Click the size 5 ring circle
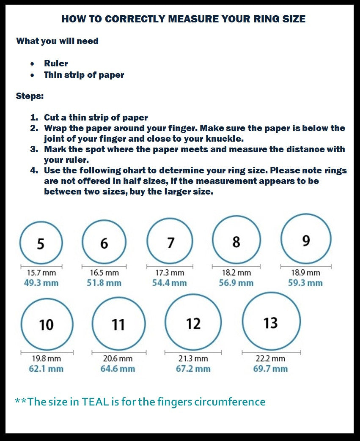pyautogui.click(x=41, y=243)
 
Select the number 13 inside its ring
pyautogui.click(x=270, y=323)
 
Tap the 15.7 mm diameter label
pyautogui.click(x=41, y=273)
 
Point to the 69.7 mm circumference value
pyautogui.click(x=270, y=369)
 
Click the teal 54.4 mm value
pyautogui.click(x=169, y=283)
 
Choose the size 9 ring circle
pyautogui.click(x=306, y=239)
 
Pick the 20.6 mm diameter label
pyautogui.click(x=118, y=359)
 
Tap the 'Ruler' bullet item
pyautogui.click(x=56, y=63)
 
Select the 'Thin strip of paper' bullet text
pyautogui.click(x=84, y=75)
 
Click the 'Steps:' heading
pyautogui.click(x=30, y=96)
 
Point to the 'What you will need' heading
pyautogui.click(x=57, y=41)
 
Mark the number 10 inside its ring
pyautogui.click(x=46, y=325)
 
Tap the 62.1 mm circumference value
pyautogui.click(x=46, y=369)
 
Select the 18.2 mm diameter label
pyautogui.click(x=236, y=273)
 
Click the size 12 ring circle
pyautogui.click(x=193, y=323)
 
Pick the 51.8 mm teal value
pyautogui.click(x=104, y=283)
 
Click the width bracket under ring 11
pyautogui.click(x=118, y=352)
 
